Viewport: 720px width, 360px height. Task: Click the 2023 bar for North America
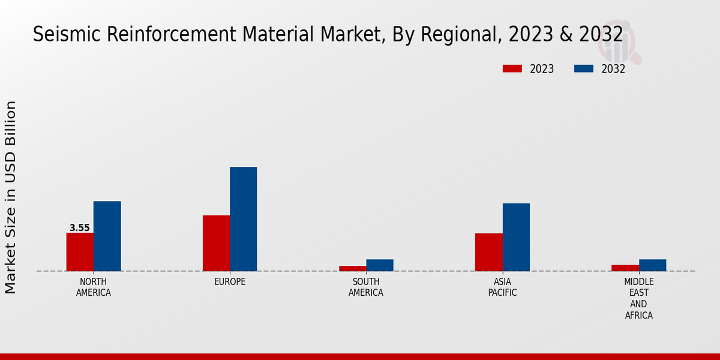pos(80,252)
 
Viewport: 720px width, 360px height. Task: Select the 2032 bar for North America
pos(107,236)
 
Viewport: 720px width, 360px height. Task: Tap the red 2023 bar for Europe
pos(216,243)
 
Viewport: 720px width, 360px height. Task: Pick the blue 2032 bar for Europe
pos(243,219)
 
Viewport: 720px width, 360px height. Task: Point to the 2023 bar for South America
pos(352,268)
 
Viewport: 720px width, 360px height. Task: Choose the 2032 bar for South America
pos(380,265)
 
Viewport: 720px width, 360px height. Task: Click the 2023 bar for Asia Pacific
pos(488,252)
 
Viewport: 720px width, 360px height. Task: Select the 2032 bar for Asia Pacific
pos(516,237)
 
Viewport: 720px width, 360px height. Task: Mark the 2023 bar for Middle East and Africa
pos(625,268)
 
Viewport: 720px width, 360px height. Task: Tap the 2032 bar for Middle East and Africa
pos(652,265)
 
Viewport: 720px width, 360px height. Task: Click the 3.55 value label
pos(80,228)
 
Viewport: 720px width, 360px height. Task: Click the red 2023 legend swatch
pos(512,68)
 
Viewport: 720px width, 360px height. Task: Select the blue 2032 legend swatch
pos(583,68)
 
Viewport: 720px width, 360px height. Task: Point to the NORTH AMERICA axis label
pos(94,287)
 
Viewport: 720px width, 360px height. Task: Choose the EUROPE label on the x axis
pos(230,282)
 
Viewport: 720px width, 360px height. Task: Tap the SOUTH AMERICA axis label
pos(366,287)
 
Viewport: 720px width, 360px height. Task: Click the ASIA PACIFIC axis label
pos(502,287)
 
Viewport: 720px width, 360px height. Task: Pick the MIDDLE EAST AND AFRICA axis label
pos(638,298)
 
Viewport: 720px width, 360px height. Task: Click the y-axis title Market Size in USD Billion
pos(11,197)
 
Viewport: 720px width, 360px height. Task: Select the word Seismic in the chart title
pos(68,35)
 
